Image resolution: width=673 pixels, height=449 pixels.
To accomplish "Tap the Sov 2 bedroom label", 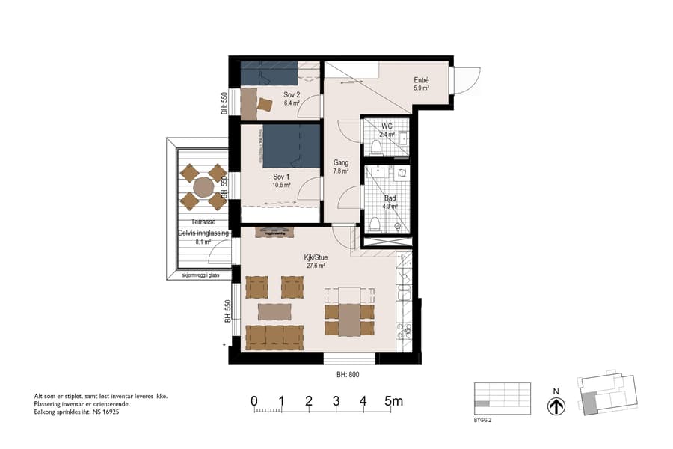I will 292,95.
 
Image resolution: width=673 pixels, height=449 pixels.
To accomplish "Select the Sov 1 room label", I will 281,177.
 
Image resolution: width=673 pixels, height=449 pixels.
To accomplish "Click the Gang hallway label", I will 341,162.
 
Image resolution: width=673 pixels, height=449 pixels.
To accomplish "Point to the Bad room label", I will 390,198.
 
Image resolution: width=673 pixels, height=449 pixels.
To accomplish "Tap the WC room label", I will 387,126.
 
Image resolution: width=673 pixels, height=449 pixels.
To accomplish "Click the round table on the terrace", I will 203,186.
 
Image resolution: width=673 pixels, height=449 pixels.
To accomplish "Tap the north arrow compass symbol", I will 556,406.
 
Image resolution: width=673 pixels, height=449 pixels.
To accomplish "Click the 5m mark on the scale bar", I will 393,401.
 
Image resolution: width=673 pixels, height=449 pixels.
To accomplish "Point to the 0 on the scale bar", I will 254,401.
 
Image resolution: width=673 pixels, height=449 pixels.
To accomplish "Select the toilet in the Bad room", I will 375,222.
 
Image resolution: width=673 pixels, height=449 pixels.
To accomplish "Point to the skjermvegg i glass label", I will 200,275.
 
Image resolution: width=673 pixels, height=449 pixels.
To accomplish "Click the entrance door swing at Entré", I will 467,79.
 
